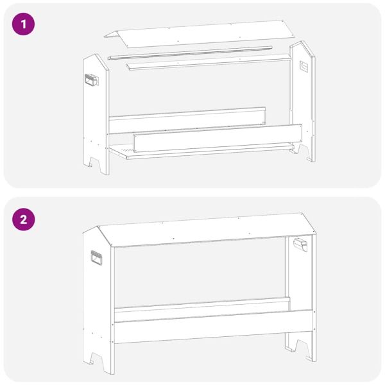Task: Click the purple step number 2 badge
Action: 24,219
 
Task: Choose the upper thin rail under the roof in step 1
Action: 190,52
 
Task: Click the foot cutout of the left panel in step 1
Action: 97,164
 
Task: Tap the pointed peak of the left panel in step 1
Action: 97,57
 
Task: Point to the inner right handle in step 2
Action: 300,244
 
